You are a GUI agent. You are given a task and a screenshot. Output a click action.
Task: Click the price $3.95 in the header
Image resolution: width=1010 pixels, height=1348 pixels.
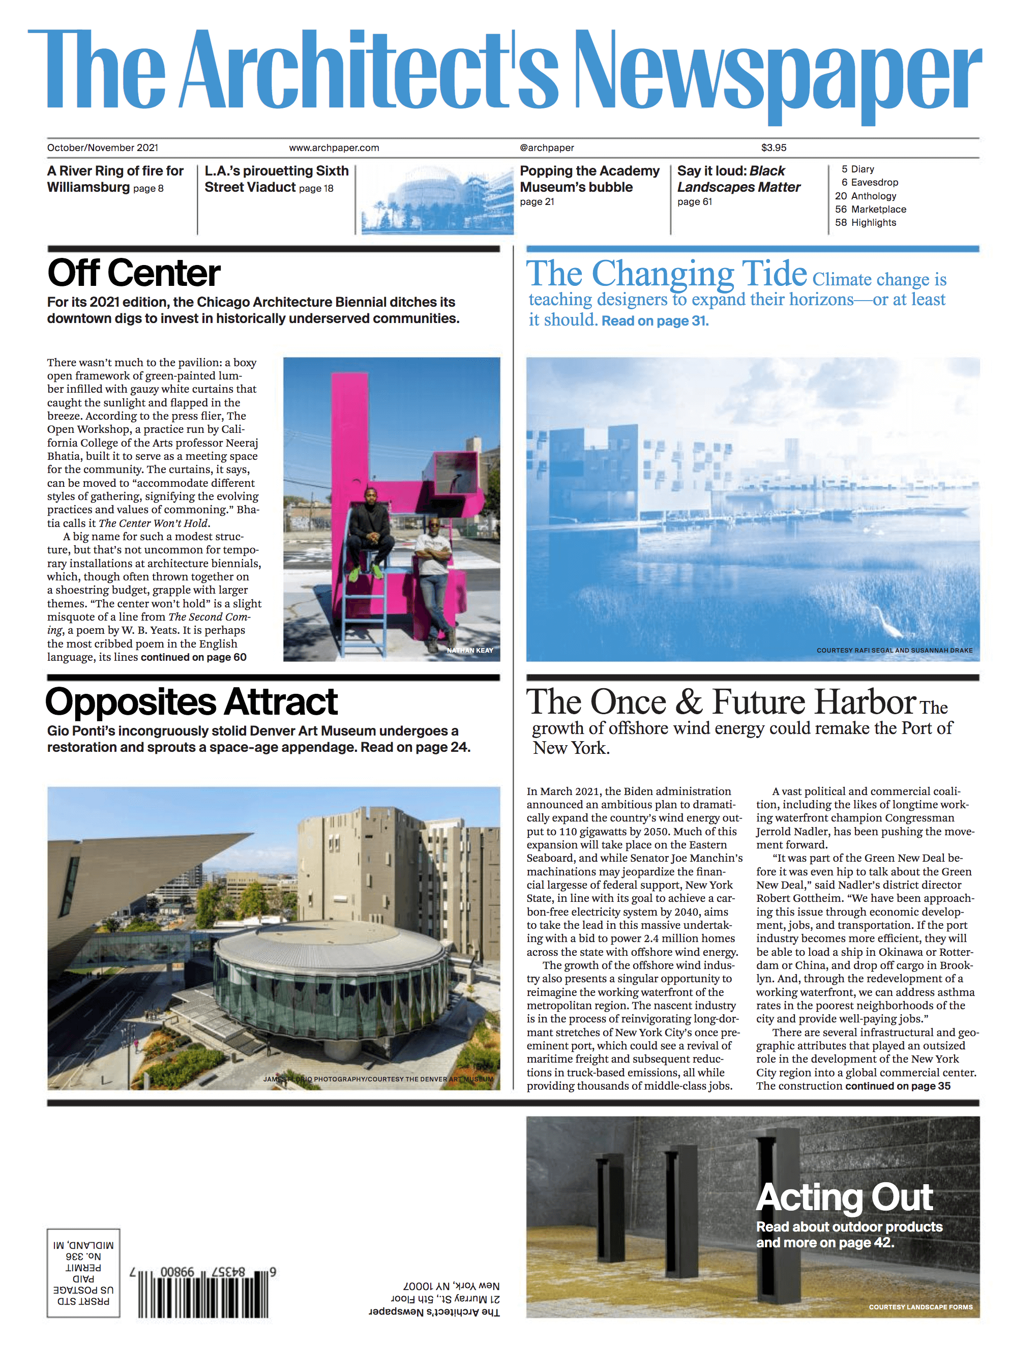[x=773, y=148]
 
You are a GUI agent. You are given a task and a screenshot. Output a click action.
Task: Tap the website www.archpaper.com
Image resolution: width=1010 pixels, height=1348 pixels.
[x=334, y=148]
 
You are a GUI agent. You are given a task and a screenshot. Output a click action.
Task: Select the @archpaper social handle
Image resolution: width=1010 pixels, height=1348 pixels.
[x=546, y=148]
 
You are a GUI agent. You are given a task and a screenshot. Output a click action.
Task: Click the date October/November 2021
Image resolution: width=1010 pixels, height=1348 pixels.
[x=102, y=148]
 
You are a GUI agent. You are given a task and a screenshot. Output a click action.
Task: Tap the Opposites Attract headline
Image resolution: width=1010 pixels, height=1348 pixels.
[x=191, y=702]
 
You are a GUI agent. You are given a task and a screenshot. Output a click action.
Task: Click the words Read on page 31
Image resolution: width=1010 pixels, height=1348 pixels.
[x=655, y=321]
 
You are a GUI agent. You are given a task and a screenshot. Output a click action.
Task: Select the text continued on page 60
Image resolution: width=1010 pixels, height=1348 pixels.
[x=194, y=657]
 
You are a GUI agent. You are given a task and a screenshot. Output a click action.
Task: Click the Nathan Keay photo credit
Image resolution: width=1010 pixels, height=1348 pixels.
[x=470, y=650]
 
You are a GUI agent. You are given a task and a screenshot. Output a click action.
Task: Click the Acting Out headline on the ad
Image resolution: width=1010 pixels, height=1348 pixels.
[x=844, y=1197]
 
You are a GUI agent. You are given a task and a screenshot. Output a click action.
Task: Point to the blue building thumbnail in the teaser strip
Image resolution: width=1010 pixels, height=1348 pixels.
[x=437, y=200]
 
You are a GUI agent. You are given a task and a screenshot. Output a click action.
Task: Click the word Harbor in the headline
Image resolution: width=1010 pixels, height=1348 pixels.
[x=865, y=702]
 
